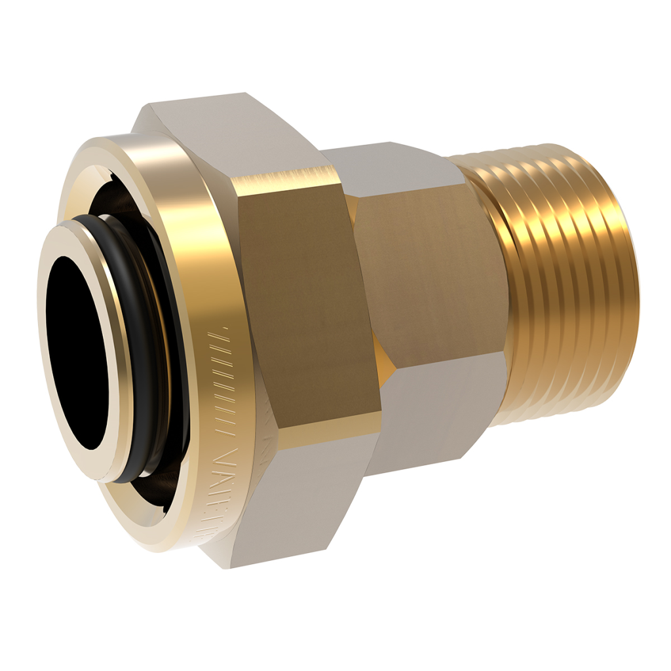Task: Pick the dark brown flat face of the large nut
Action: click(308, 308)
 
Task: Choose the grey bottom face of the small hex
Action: click(426, 406)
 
